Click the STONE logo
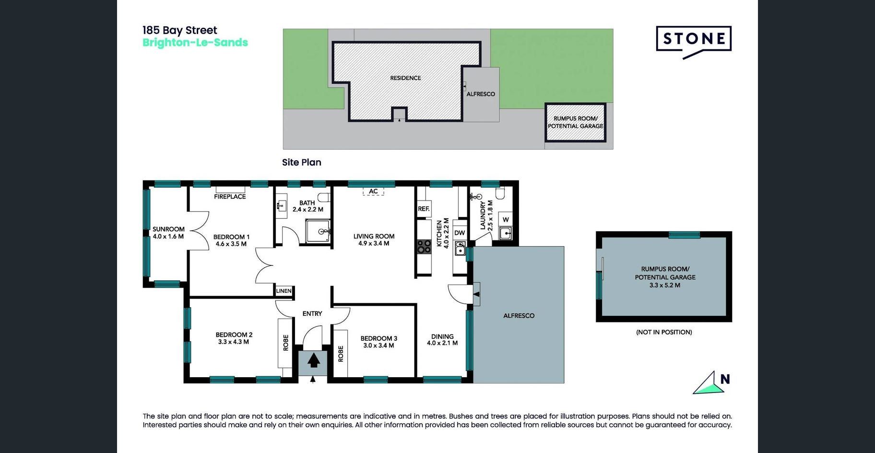point(694,41)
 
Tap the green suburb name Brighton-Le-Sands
point(195,42)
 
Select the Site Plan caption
point(302,162)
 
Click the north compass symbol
point(711,382)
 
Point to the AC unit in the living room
point(373,191)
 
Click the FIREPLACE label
point(230,196)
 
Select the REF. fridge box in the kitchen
point(424,209)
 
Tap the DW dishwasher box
point(460,233)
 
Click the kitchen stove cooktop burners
point(424,247)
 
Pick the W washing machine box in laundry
point(506,220)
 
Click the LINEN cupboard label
point(284,291)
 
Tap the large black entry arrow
point(313,360)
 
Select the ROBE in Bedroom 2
point(285,343)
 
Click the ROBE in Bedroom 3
point(341,354)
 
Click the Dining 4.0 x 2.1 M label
point(442,340)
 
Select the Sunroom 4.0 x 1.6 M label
point(168,233)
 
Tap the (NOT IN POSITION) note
point(664,332)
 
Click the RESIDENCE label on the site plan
point(405,78)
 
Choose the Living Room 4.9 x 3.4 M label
point(374,240)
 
